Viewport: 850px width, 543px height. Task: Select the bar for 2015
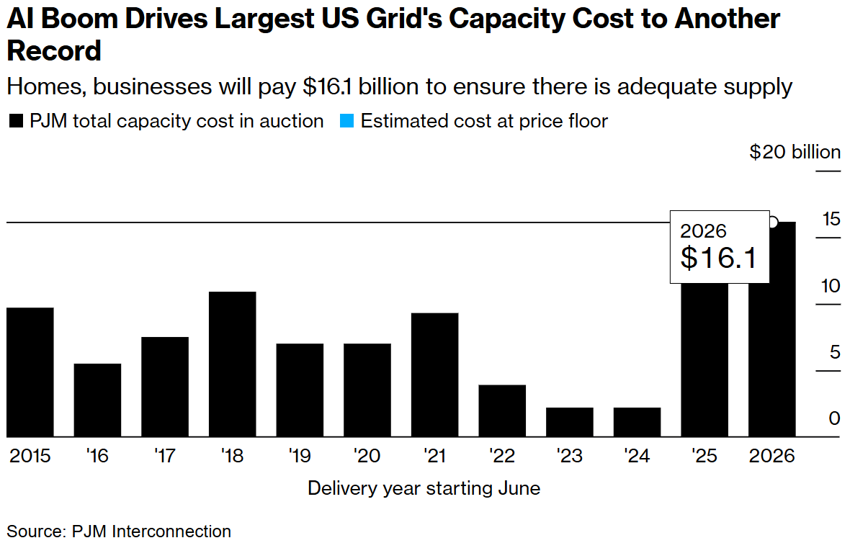[x=30, y=372]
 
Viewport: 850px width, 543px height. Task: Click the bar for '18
[x=233, y=364]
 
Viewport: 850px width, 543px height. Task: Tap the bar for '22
[x=502, y=411]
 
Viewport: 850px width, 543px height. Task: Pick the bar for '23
[x=570, y=422]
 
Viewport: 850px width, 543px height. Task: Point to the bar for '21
[x=435, y=375]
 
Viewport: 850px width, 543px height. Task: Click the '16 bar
[x=97, y=400]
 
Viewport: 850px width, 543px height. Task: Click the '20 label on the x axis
[x=367, y=457]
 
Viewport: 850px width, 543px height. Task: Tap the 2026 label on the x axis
[x=772, y=457]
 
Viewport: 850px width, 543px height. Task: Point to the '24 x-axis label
[x=637, y=457]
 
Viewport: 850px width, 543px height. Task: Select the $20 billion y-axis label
[x=795, y=152]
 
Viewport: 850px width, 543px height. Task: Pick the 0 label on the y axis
[x=834, y=418]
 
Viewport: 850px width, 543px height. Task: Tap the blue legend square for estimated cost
[x=346, y=122]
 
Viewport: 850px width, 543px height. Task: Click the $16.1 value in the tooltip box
[x=719, y=258]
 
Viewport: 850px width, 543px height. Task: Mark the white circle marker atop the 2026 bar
[x=774, y=223]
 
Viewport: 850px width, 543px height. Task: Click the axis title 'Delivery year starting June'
[x=424, y=488]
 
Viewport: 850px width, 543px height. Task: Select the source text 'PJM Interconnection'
[x=151, y=531]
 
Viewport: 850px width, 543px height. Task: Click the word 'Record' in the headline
[x=55, y=52]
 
